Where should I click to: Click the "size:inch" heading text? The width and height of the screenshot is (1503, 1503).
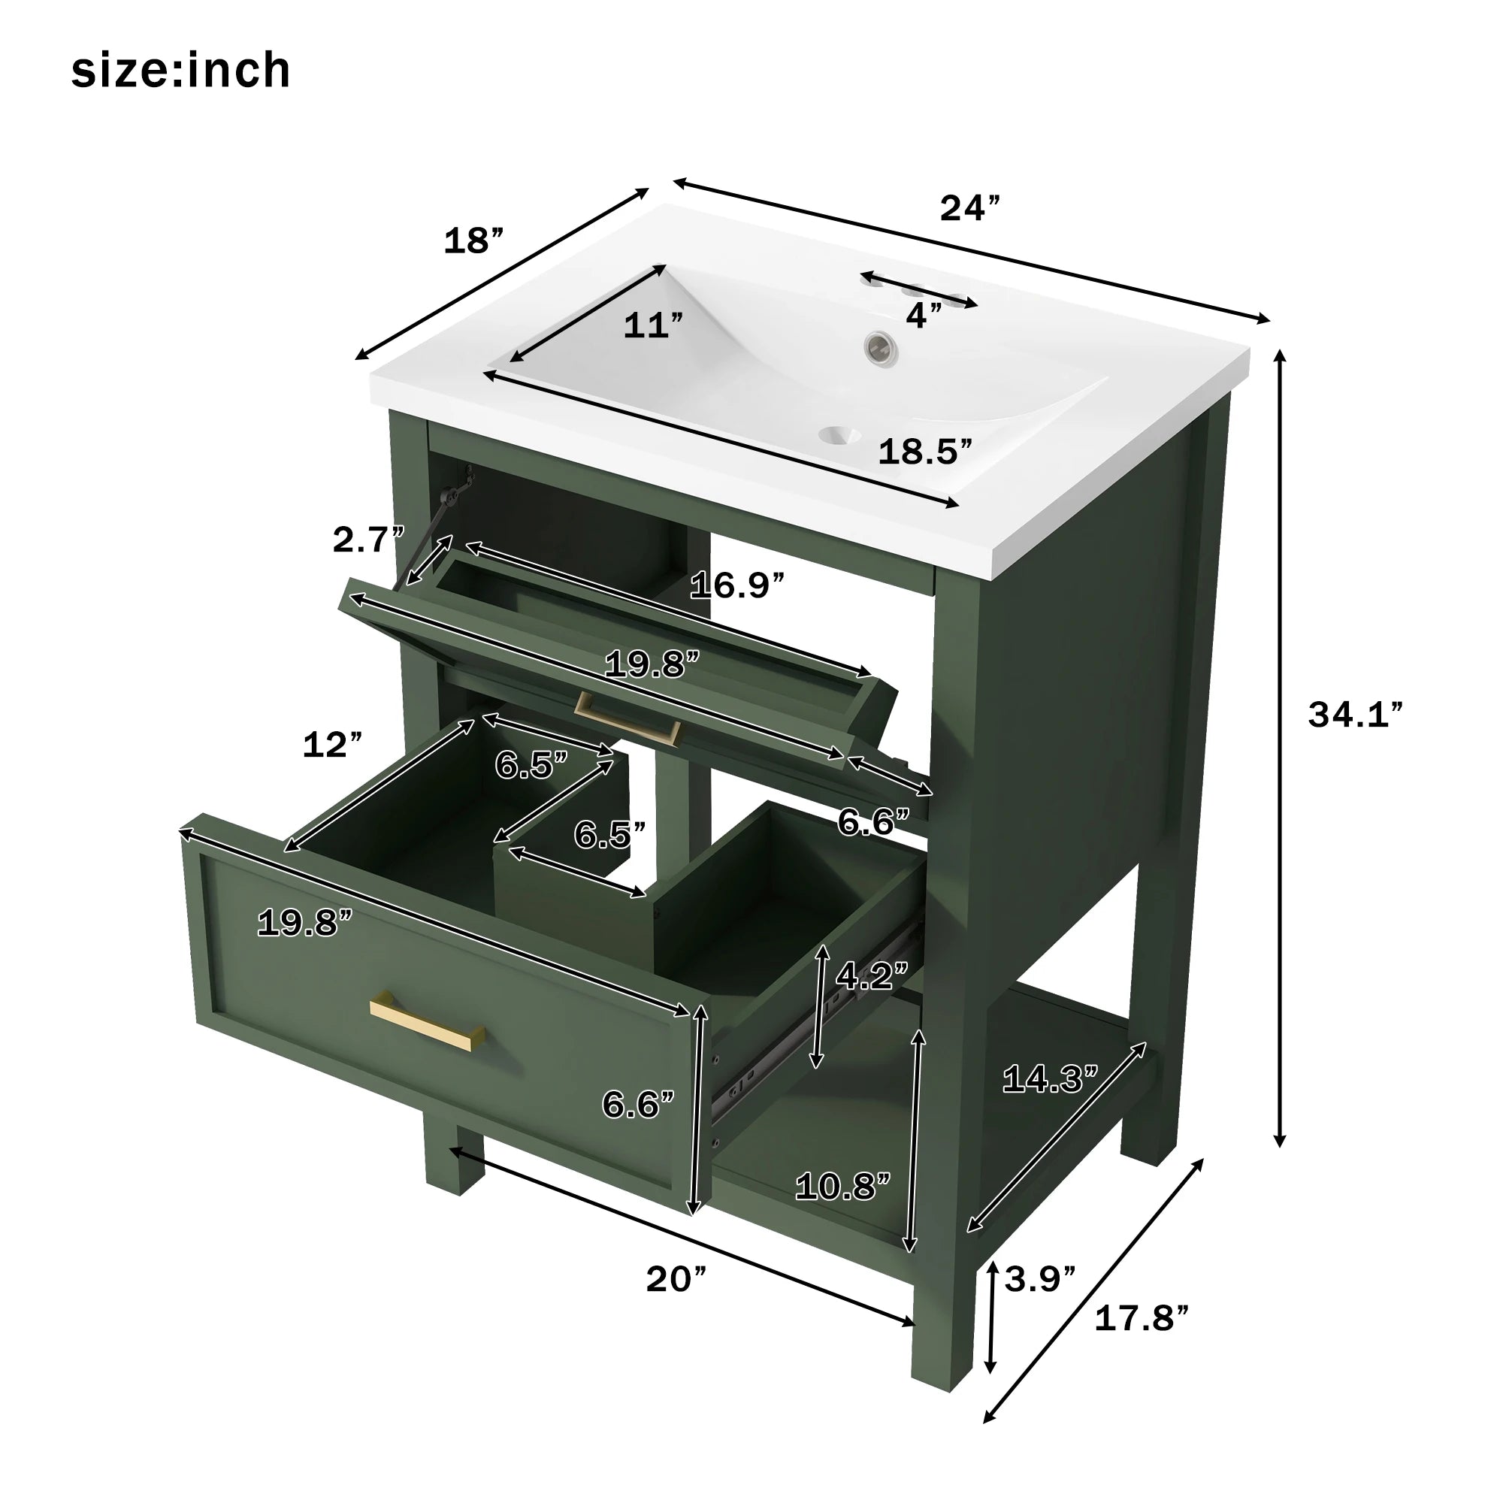pyautogui.click(x=180, y=71)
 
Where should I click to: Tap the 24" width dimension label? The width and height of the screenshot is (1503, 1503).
pyautogui.click(x=969, y=208)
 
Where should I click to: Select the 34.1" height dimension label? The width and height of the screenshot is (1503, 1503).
pyautogui.click(x=1355, y=714)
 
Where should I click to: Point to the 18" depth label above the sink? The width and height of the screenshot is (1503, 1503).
pyautogui.click(x=473, y=241)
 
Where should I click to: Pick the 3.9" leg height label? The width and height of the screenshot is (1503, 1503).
pyautogui.click(x=1039, y=1278)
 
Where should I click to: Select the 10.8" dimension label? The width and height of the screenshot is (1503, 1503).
pyautogui.click(x=842, y=1187)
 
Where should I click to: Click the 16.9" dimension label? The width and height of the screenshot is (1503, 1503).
pyautogui.click(x=736, y=585)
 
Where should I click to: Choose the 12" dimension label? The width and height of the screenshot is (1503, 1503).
pyautogui.click(x=332, y=745)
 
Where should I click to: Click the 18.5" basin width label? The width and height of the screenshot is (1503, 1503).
pyautogui.click(x=925, y=452)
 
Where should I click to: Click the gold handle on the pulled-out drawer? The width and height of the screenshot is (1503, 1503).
pyautogui.click(x=426, y=1024)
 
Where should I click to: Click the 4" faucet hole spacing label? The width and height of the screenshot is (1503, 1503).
pyautogui.click(x=924, y=315)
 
